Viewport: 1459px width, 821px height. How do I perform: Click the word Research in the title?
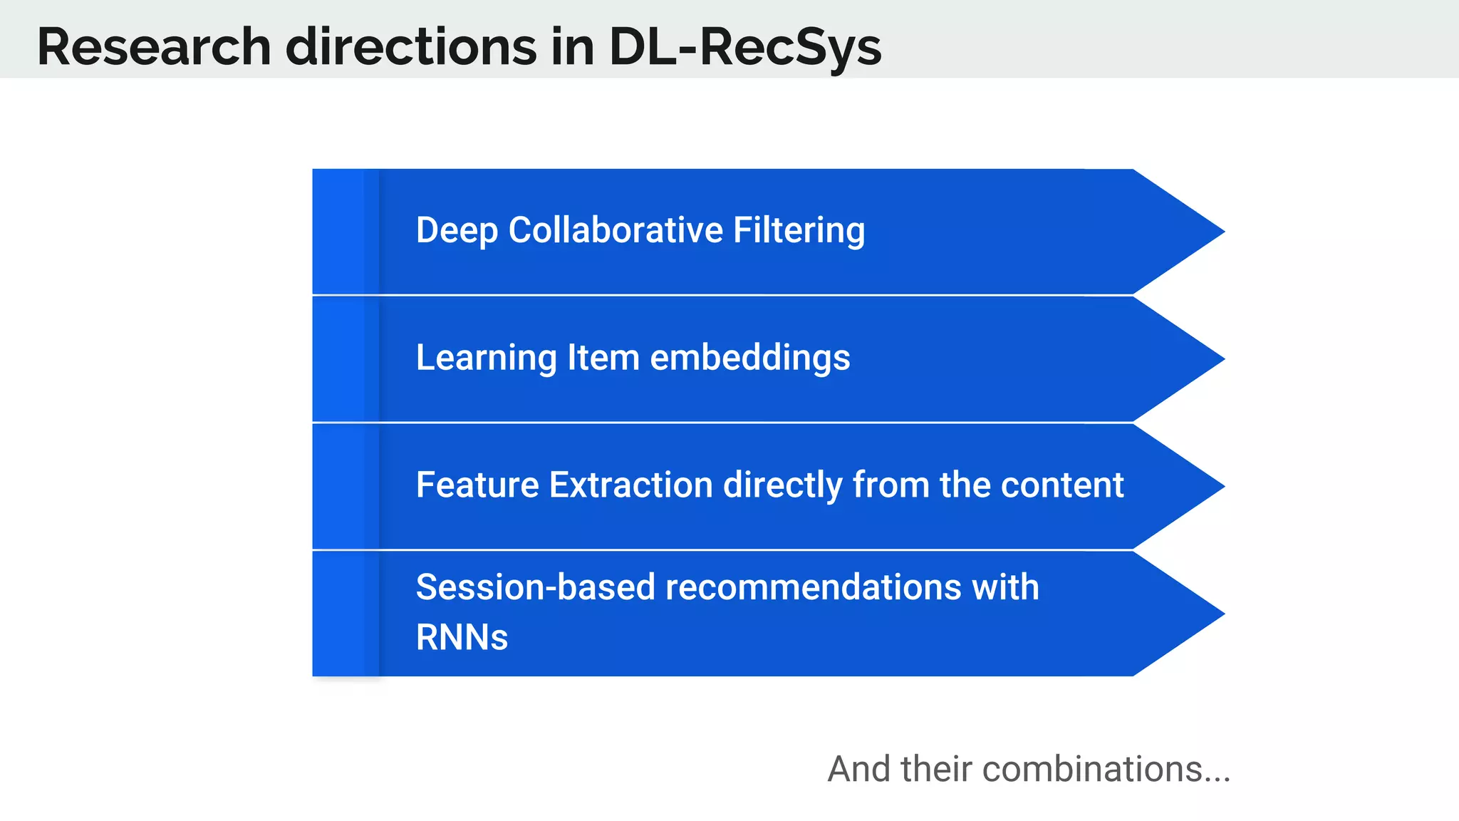point(154,47)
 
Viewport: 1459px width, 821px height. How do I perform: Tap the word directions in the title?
point(411,47)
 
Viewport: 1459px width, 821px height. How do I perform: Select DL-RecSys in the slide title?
point(744,47)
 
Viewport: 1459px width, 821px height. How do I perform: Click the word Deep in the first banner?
point(456,231)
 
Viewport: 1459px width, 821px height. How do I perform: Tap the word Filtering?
point(799,231)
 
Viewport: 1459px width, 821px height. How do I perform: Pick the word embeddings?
point(750,358)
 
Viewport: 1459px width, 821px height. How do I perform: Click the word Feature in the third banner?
point(477,485)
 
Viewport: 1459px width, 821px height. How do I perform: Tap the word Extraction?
point(630,485)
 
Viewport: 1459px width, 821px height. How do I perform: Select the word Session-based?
point(535,587)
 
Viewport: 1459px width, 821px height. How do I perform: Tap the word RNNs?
point(462,637)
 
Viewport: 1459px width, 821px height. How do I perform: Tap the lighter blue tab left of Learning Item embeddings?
point(338,359)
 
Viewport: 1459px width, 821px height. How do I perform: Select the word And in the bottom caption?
point(859,770)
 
